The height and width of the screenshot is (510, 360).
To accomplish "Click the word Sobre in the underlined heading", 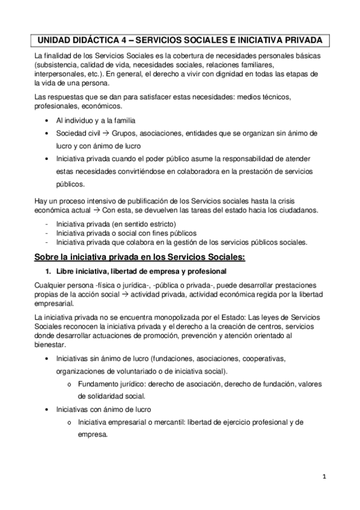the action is pos(49,258).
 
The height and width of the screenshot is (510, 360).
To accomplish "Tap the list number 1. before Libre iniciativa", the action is pos(50,272).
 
